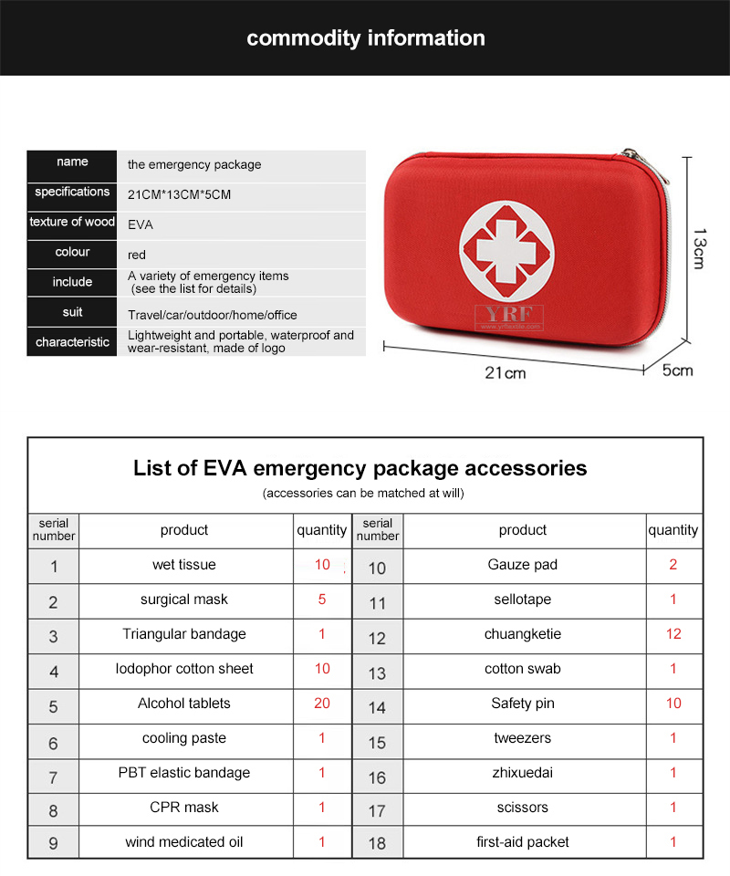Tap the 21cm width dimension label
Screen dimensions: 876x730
pos(505,372)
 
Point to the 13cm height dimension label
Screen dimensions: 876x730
pos(698,247)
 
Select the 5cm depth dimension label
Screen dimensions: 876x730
pos(678,370)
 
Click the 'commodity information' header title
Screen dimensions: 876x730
pos(365,38)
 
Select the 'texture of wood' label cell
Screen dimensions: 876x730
pos(72,222)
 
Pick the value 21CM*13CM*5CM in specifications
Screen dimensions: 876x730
pos(179,195)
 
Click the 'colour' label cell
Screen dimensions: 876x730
pos(72,252)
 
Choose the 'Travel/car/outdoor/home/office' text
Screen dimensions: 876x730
pos(212,315)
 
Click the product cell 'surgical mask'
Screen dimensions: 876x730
pos(184,600)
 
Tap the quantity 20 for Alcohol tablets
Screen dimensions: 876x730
pos(322,704)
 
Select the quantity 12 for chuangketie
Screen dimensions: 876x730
pos(673,634)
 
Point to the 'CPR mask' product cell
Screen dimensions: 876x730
pos(184,808)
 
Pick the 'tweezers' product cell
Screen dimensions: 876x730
pos(522,738)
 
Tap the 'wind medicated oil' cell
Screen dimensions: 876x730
pos(184,842)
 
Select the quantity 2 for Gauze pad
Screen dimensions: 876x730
pos(673,565)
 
